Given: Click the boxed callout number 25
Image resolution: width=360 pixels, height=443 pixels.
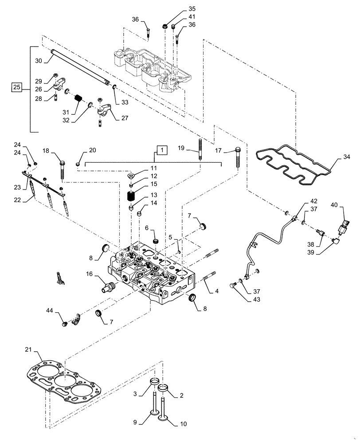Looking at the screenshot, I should coord(16,88).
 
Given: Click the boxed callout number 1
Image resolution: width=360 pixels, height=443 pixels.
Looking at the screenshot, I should coord(162,151).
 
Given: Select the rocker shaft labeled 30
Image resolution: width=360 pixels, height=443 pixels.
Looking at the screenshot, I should coord(80,66).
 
